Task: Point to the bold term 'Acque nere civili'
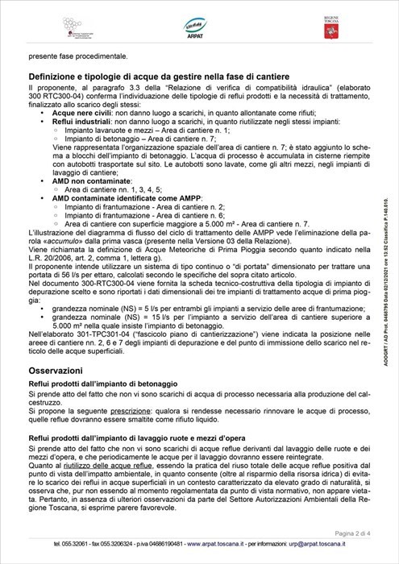point(85,113)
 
